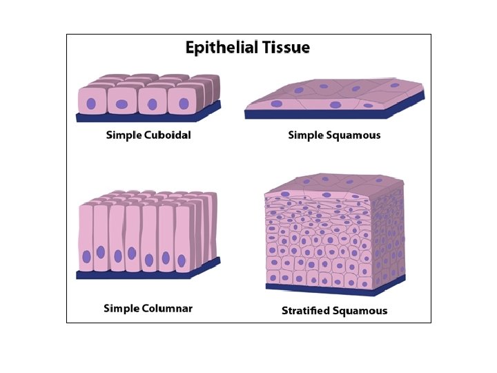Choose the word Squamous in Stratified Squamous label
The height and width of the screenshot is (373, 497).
click(360, 311)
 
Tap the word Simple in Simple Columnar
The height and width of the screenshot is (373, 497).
click(120, 308)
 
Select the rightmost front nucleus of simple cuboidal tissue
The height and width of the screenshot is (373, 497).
click(184, 104)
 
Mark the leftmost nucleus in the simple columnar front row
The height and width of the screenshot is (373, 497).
click(87, 257)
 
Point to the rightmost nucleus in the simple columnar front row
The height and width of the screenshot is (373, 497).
click(182, 260)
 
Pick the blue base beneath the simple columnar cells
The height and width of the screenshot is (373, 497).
click(148, 274)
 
